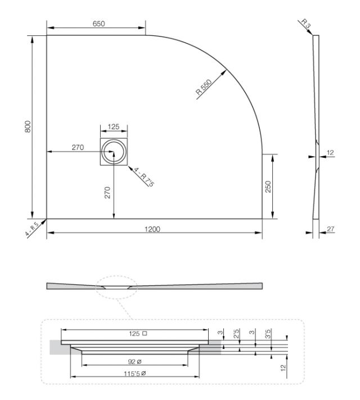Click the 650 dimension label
(x=98, y=24)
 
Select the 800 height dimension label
(x=28, y=126)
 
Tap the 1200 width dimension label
(x=152, y=229)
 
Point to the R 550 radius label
(x=204, y=87)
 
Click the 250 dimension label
(x=268, y=187)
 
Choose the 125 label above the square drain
(x=114, y=126)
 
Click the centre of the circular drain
(x=114, y=152)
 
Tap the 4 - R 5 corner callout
(x=31, y=229)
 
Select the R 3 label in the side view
(x=306, y=23)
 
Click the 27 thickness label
(x=331, y=229)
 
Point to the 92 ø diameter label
(x=134, y=361)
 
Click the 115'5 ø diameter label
(x=135, y=374)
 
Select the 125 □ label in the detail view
(x=138, y=333)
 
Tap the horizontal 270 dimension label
(x=78, y=147)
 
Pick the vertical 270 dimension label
(x=107, y=193)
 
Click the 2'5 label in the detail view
(x=236, y=333)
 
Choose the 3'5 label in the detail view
(x=268, y=333)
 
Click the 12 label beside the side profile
(x=330, y=153)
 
